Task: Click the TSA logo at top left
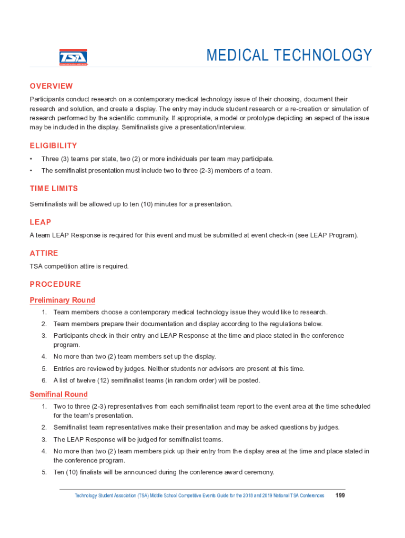coord(73,57)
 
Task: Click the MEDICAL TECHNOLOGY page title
coord(289,55)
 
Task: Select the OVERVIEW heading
coord(51,86)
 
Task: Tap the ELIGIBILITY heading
coord(53,146)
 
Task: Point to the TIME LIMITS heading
coord(54,188)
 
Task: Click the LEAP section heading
coord(40,222)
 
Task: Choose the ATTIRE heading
coord(44,253)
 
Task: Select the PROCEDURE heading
coord(55,284)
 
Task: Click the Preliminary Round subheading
coord(62,300)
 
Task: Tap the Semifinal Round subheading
coord(58,395)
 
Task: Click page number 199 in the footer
coord(340,495)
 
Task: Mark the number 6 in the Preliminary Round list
coord(44,380)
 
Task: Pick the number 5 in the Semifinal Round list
coord(44,472)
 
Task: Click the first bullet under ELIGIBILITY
coord(32,159)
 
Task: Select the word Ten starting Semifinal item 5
coord(58,472)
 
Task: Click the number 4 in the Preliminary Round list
coord(44,357)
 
